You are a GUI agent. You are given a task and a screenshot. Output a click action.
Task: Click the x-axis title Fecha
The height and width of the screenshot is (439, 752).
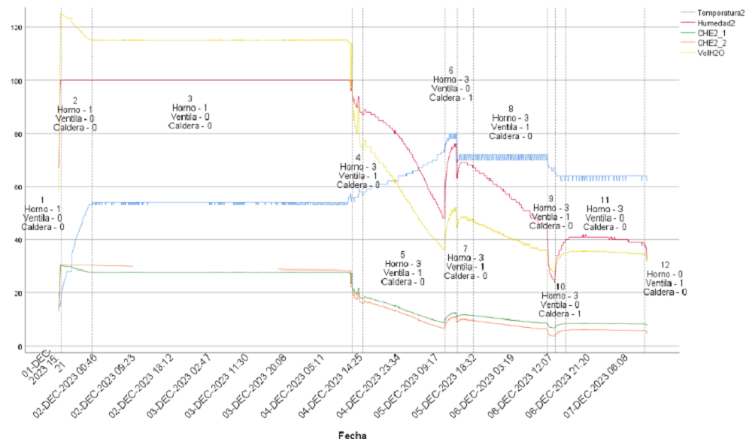351,434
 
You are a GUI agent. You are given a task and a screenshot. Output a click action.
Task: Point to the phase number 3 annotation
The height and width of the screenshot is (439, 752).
190,98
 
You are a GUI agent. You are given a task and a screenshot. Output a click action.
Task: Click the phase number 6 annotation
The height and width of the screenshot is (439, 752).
450,70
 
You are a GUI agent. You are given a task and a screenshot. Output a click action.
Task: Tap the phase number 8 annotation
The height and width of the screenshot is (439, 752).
511,108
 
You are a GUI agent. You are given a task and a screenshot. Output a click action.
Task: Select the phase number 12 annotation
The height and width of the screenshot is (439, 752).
665,265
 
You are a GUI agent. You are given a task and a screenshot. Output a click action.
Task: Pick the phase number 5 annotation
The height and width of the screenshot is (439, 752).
402,254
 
